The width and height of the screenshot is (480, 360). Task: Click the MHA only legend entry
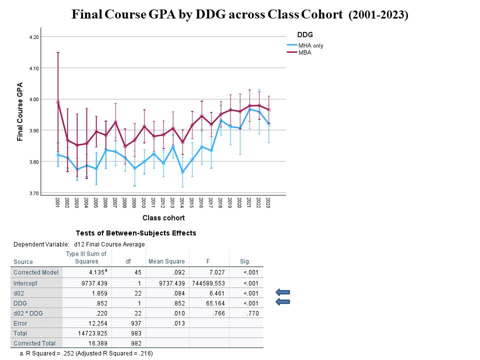coord(311,45)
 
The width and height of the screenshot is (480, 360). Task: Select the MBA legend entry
coord(304,52)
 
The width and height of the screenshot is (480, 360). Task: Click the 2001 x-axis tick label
coord(58,202)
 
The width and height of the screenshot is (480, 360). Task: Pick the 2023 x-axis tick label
coord(268,202)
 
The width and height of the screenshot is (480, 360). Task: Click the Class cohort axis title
coord(163,218)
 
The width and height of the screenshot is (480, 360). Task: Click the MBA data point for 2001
coord(58,102)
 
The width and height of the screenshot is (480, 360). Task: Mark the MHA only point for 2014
coord(182,172)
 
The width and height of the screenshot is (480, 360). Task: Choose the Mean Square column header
coord(166,261)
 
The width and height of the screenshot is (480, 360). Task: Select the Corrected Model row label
coord(36,272)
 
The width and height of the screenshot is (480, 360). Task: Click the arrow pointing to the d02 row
coord(283,292)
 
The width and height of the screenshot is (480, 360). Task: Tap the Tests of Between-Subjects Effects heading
coord(136,233)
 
